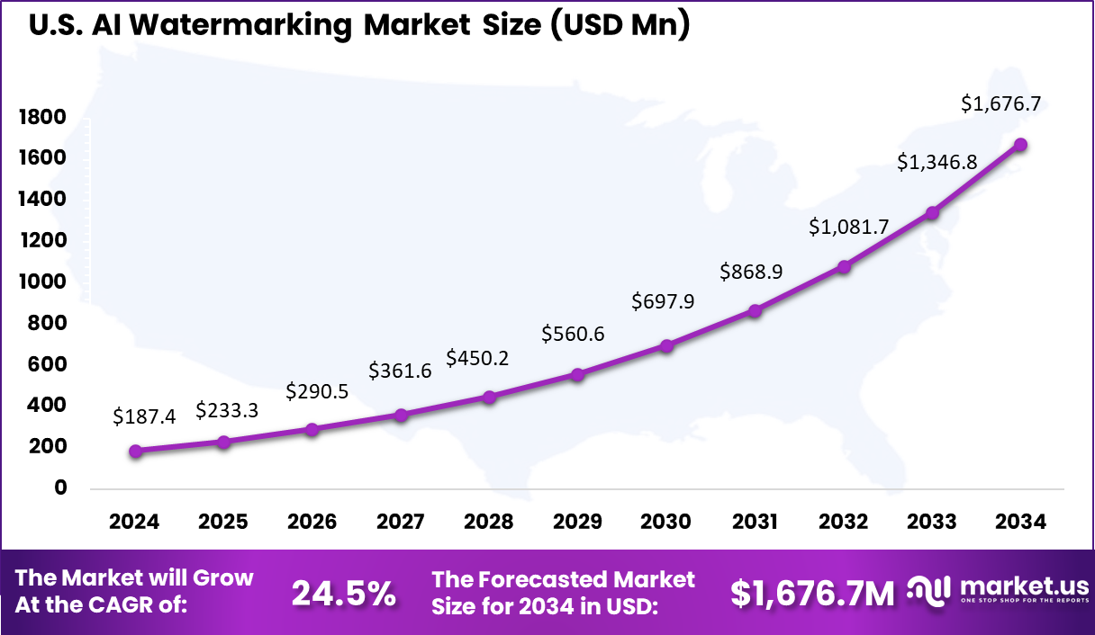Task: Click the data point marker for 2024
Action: tap(135, 451)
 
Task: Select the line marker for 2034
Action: tap(1021, 145)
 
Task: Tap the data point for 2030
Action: tap(666, 345)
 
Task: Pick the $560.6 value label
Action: tap(573, 335)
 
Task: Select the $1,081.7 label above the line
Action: tap(848, 227)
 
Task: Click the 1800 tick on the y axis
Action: tap(41, 117)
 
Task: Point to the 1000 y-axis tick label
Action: tap(41, 282)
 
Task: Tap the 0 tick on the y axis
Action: tap(60, 487)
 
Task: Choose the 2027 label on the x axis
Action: tap(401, 523)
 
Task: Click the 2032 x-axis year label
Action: tap(844, 523)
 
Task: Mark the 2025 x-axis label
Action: tap(223, 523)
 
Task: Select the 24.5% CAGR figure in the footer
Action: tap(344, 593)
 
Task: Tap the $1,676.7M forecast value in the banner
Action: tap(812, 593)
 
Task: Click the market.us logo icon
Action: tap(928, 591)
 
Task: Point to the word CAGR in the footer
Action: tap(150, 605)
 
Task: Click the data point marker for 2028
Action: tap(489, 397)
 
